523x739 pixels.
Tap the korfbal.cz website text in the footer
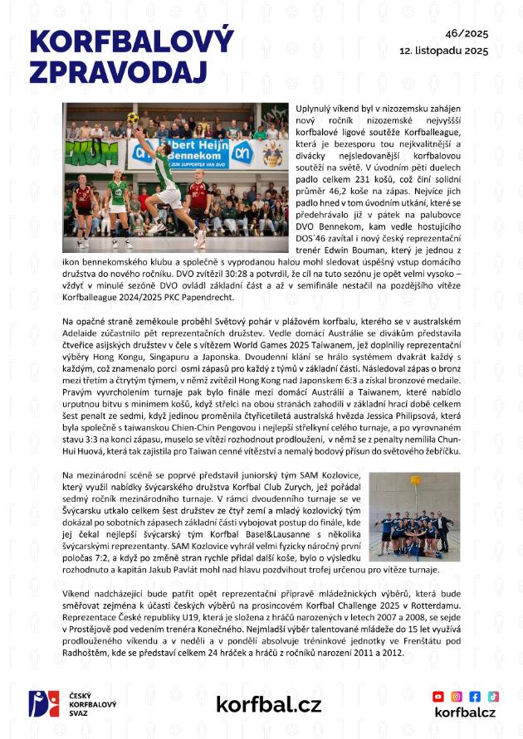pos(268,705)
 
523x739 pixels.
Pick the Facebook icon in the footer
pos(475,696)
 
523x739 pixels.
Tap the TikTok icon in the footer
pos(493,696)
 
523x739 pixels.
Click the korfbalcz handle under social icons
pos(465,712)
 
